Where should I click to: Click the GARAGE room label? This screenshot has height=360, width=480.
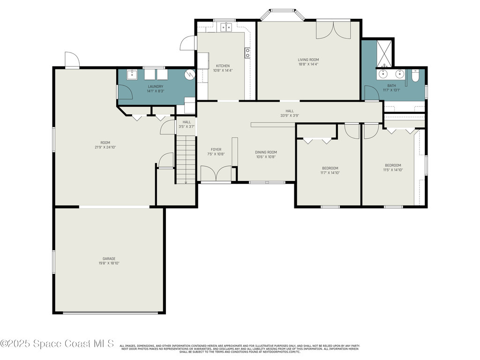[109, 258]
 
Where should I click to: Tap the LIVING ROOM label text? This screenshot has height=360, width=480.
[308, 60]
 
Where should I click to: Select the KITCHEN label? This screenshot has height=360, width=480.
[223, 66]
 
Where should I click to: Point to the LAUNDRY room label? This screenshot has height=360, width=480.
[155, 86]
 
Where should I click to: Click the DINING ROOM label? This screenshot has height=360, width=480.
[266, 152]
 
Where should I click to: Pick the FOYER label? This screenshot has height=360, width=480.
[216, 150]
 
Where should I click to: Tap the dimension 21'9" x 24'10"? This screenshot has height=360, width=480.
[105, 147]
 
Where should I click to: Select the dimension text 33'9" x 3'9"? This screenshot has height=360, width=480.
[289, 115]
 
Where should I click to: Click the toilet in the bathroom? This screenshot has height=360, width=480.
[415, 75]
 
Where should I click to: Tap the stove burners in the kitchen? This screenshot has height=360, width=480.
[247, 52]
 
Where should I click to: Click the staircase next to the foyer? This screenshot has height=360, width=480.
[186, 159]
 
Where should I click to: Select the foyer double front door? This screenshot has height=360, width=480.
[216, 174]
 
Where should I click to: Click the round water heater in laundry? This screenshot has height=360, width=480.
[189, 75]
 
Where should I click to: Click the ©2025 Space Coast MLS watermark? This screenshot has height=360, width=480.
[57, 344]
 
